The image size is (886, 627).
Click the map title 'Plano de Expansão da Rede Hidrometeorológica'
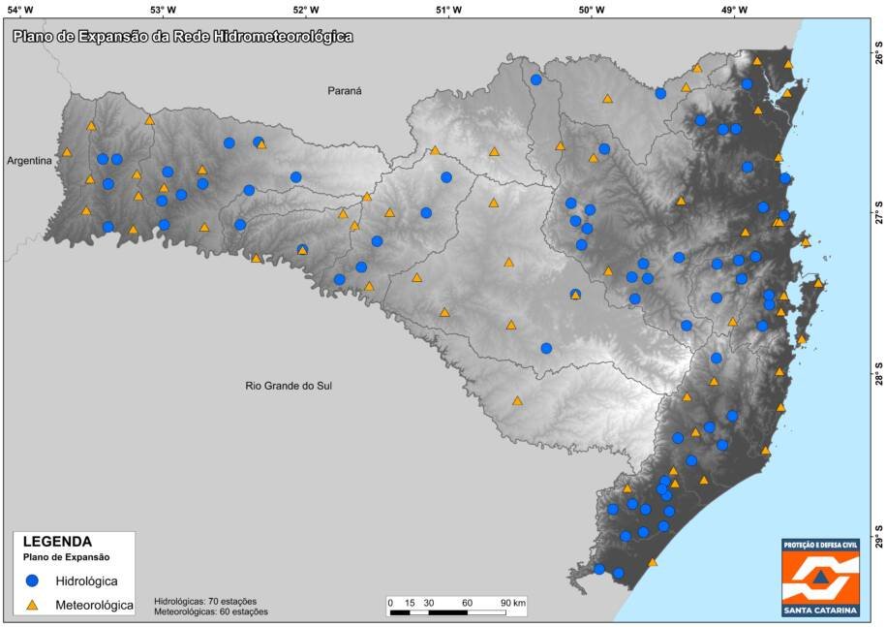click(182, 37)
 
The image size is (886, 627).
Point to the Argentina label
click(29, 161)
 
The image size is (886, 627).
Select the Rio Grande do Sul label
click(289, 386)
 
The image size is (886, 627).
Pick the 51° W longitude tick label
click(448, 10)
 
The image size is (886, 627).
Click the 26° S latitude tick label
click(878, 57)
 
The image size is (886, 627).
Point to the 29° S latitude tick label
click(878, 539)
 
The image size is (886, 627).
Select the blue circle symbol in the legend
click(32, 581)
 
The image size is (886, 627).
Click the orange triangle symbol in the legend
click(32, 605)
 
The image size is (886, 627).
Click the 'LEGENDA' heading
click(57, 543)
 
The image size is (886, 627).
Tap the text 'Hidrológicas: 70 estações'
click(206, 600)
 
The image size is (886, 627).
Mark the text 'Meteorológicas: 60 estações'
click(211, 611)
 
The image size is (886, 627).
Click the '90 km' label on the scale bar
click(512, 603)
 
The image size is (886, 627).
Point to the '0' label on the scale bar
click(390, 603)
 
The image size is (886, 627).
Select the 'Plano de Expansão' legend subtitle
click(66, 558)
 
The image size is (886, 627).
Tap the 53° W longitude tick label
click(163, 10)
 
